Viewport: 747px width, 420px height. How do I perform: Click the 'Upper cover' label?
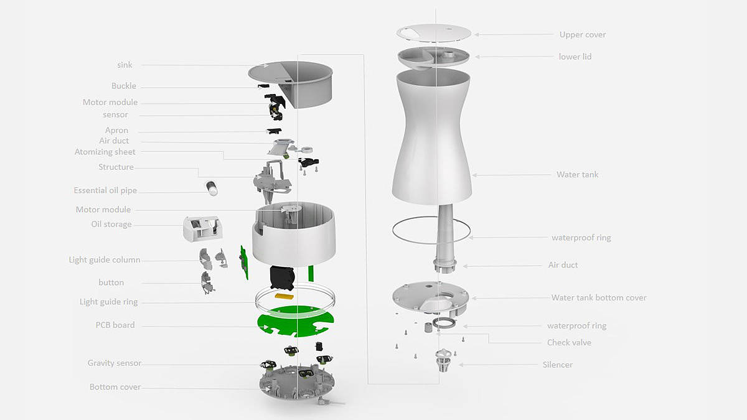pos(583,35)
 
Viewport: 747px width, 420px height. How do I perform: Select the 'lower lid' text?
pos(575,57)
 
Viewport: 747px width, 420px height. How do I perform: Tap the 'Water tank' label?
pos(577,174)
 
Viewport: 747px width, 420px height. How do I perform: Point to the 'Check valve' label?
pos(569,342)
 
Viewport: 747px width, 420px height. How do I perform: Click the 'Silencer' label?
pos(558,365)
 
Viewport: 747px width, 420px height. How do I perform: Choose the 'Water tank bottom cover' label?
pos(599,297)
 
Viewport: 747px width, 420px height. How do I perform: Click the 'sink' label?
pos(125,65)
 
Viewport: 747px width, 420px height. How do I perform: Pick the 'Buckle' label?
pos(124,86)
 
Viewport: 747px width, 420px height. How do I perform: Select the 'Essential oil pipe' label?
pos(105,190)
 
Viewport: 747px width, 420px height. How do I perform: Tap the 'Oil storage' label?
pos(111,224)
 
